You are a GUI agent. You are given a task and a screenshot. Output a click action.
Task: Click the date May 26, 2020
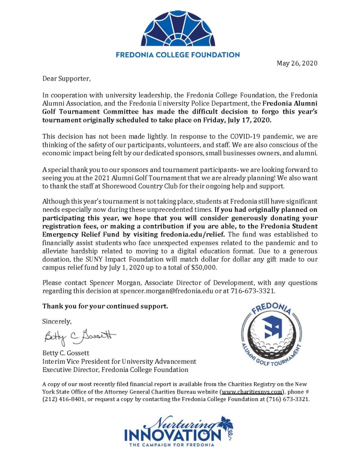297,63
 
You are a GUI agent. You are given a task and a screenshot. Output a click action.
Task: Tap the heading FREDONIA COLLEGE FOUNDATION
178,55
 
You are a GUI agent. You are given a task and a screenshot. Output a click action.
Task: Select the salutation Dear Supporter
63,79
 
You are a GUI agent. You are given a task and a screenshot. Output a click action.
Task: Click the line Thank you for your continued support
105,306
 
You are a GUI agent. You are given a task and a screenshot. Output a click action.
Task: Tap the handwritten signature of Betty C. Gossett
80,337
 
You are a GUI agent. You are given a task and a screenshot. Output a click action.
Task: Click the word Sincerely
56,321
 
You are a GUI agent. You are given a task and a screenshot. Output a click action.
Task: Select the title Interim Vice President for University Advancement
116,361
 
